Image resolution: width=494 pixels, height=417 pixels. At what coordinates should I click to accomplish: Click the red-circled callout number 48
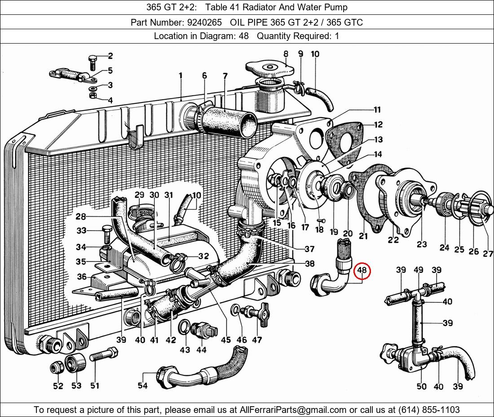(362, 271)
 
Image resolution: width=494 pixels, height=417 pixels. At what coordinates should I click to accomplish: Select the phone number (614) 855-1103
(428, 409)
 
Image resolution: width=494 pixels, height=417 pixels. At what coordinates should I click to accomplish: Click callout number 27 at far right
(488, 254)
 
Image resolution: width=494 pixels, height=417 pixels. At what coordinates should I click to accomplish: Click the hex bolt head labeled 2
(92, 60)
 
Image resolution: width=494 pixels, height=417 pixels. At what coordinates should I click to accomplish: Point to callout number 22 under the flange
(393, 240)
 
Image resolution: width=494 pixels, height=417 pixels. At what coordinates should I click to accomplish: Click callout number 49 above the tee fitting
(418, 270)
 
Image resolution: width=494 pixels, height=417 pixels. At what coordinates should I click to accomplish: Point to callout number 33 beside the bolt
(81, 231)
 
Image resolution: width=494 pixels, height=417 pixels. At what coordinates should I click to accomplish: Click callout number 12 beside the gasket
(378, 124)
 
